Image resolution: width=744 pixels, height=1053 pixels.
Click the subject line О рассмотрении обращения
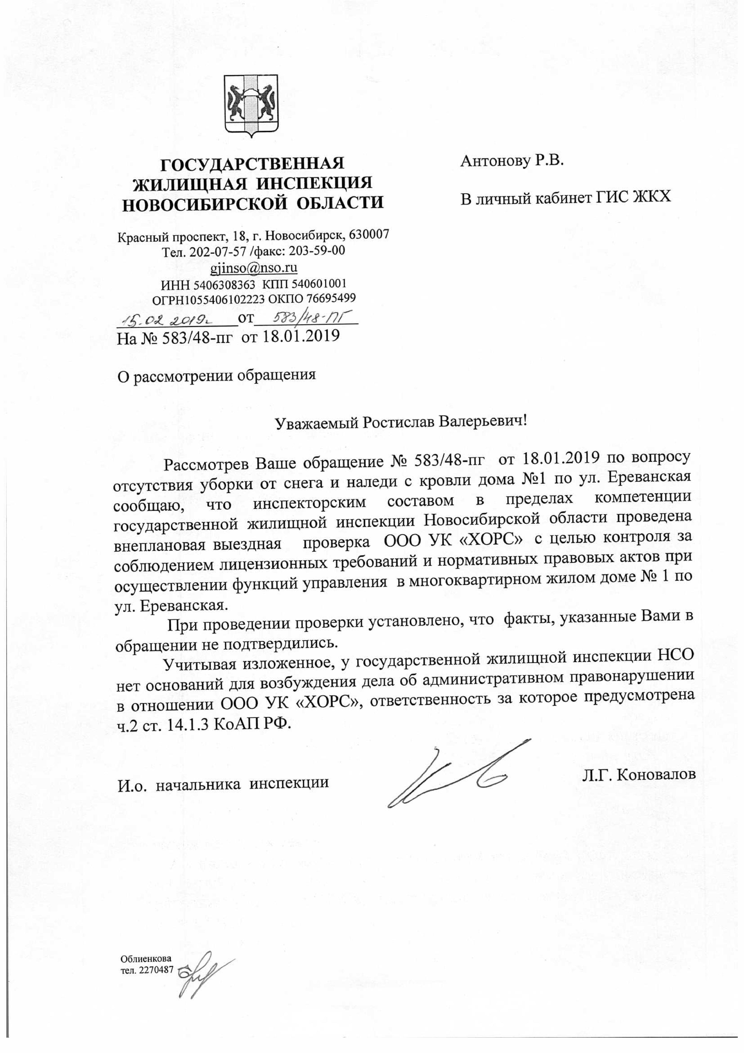(x=217, y=375)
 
